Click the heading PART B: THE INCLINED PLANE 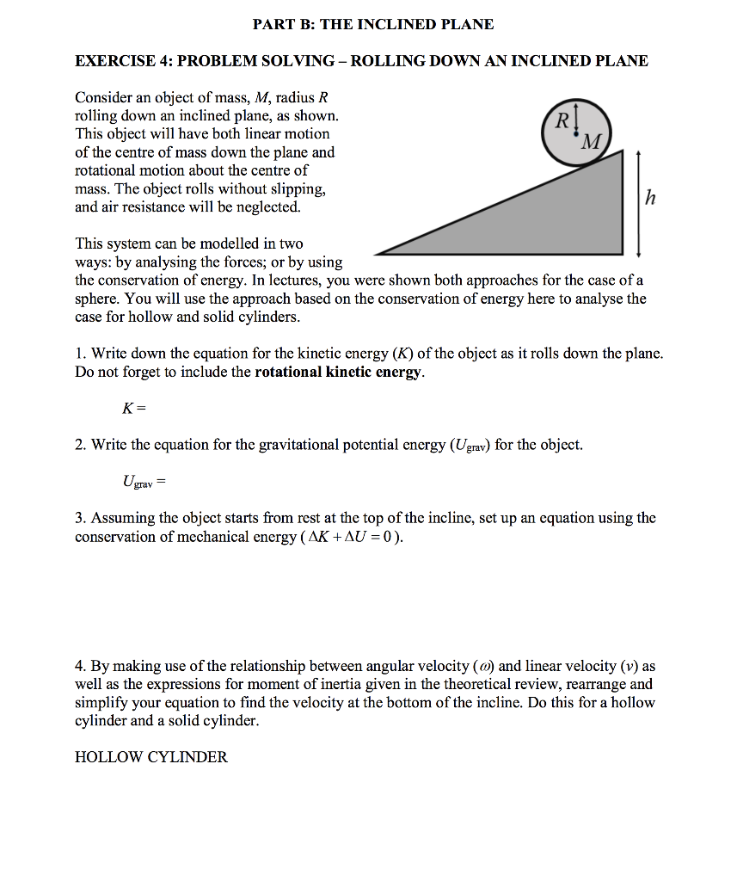pos(373,24)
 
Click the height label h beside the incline pos(650,200)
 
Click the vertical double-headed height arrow pos(637,202)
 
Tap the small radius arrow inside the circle pos(573,120)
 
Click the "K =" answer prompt pos(134,408)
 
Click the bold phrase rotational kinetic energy pos(339,372)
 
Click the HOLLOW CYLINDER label pos(151,757)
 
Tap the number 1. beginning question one pos(80,354)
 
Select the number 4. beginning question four pos(80,666)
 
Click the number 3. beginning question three pos(80,519)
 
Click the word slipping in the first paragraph pos(298,188)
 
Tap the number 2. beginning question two pos(80,445)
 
